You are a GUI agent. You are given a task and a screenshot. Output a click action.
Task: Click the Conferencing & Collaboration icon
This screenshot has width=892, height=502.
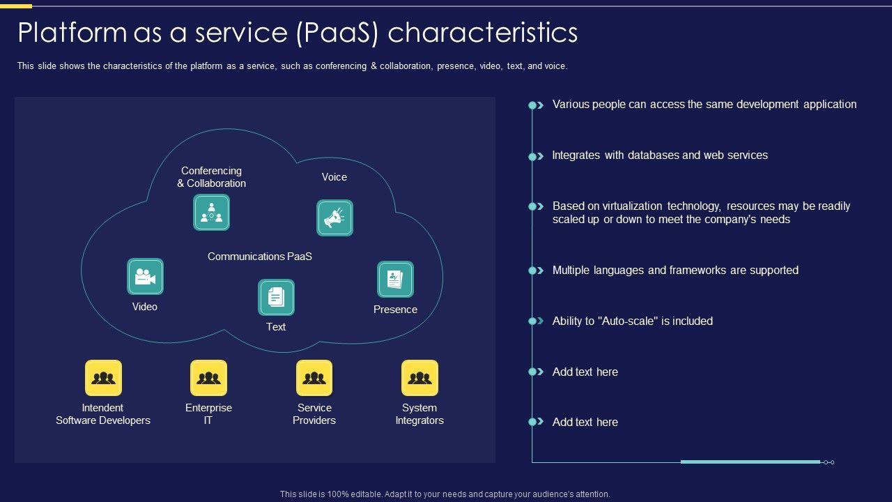(x=211, y=213)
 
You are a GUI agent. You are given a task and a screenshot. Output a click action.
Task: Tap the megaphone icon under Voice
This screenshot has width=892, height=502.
(x=334, y=218)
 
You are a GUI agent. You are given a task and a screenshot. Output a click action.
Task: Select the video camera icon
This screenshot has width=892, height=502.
(x=146, y=277)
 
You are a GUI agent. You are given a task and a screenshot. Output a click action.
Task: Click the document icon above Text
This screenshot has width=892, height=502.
(x=276, y=297)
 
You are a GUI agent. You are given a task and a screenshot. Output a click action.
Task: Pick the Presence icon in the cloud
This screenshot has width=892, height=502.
(x=395, y=280)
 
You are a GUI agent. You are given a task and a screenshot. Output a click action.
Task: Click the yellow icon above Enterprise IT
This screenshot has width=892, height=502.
(x=208, y=378)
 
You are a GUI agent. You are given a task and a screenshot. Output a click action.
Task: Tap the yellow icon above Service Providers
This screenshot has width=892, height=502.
(x=314, y=378)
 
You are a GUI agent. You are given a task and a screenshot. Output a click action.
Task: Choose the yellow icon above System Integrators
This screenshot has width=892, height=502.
(x=420, y=378)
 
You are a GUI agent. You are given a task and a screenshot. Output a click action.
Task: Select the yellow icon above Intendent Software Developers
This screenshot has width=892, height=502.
(x=104, y=378)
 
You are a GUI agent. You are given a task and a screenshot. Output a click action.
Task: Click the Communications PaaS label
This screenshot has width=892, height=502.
(x=260, y=257)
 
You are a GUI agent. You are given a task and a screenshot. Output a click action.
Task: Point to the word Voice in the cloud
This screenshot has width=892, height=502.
(x=334, y=177)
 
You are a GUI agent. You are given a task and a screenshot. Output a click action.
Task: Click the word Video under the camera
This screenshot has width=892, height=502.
(x=144, y=307)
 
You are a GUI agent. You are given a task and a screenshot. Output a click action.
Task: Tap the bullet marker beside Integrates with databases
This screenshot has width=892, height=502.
(x=536, y=156)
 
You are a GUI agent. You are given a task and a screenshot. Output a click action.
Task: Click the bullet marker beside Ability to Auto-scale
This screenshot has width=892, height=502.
(x=536, y=321)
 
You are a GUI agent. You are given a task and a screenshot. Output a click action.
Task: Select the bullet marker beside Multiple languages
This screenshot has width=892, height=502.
(x=536, y=271)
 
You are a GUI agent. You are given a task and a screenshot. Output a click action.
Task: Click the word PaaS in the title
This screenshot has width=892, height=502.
(x=337, y=33)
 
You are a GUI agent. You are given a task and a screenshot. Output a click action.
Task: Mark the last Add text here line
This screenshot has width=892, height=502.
(x=585, y=422)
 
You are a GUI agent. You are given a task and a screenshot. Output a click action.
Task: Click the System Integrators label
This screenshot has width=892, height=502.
(x=420, y=414)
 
